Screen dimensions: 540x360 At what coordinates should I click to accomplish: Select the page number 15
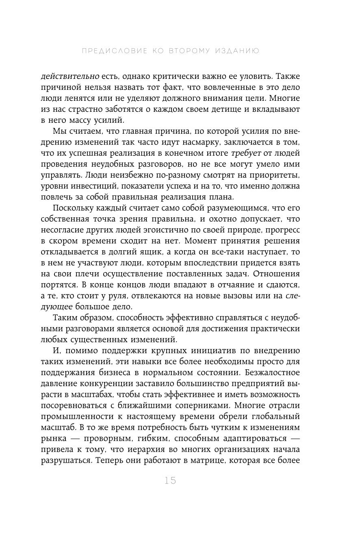171,481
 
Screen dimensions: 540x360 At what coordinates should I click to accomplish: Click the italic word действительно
70,76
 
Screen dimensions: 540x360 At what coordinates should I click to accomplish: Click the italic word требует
246,153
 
